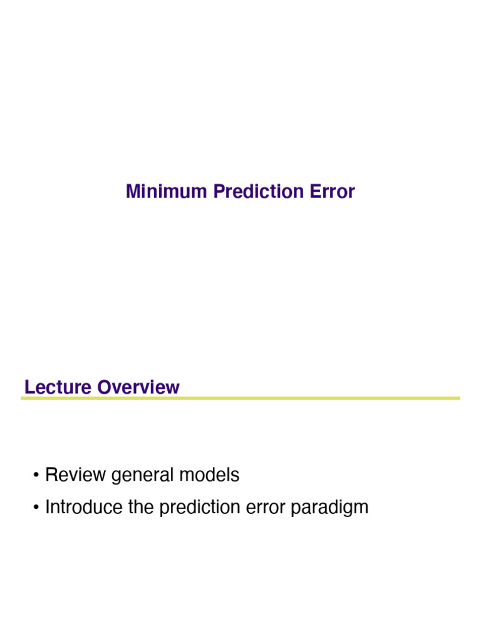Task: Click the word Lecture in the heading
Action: [x=58, y=387]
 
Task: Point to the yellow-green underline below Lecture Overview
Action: [x=240, y=398]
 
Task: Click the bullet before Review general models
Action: [x=38, y=476]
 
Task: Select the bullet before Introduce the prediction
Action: [x=38, y=508]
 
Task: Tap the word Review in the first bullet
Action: [x=76, y=475]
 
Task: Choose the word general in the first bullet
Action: [x=143, y=476]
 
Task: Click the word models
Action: [x=209, y=475]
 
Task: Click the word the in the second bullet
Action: [x=142, y=507]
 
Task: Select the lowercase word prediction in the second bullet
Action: [x=200, y=507]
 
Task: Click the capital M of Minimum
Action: [x=132, y=192]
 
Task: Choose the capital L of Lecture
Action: [x=28, y=387]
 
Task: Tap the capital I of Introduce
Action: [x=48, y=507]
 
